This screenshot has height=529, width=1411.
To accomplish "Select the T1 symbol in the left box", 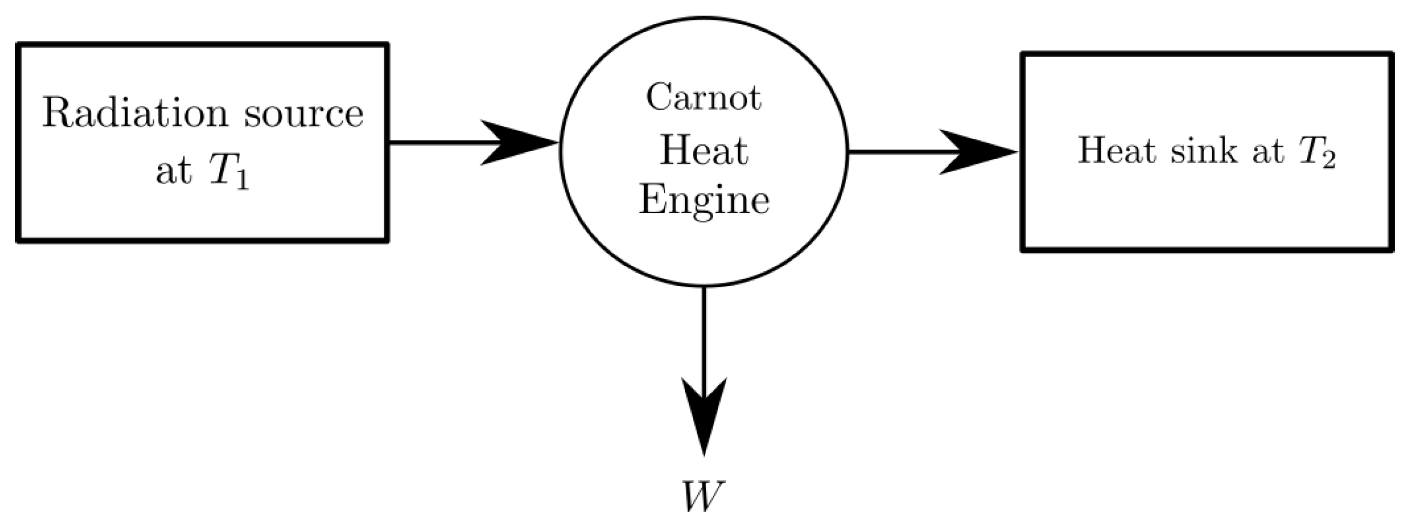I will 229,174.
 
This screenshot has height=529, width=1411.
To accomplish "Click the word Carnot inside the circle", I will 703,97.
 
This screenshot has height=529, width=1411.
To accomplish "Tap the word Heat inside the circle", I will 703,150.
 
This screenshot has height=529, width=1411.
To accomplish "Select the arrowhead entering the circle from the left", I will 520,143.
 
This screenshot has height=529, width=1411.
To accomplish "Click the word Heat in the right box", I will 1116,150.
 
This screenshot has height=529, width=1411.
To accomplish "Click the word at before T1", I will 174,173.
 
